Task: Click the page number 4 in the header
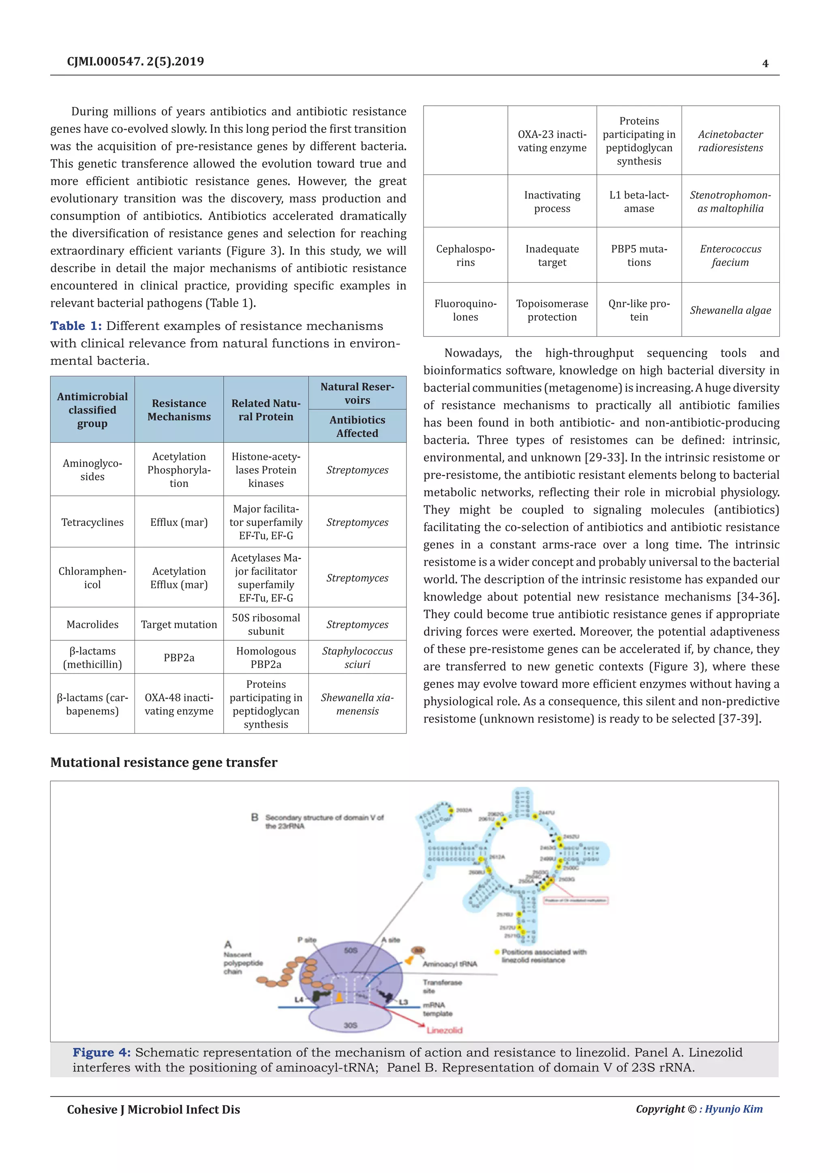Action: click(x=765, y=63)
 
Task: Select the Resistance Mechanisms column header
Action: click(x=179, y=410)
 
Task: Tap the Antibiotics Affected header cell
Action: click(x=357, y=426)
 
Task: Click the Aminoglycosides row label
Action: click(x=92, y=469)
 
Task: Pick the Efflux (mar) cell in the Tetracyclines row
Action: click(x=179, y=522)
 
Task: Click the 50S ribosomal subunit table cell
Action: click(x=266, y=624)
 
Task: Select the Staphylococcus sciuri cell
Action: click(x=357, y=657)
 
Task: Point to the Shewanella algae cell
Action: click(x=730, y=310)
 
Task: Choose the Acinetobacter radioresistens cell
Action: click(x=730, y=141)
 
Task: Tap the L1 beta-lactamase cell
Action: click(x=639, y=202)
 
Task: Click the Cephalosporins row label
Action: click(x=465, y=256)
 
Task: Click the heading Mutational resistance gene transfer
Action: click(x=164, y=762)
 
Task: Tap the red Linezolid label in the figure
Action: click(x=444, y=1030)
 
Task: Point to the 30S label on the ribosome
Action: click(x=350, y=1025)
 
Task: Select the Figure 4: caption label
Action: click(x=101, y=1052)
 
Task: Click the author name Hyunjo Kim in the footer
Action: click(x=734, y=1109)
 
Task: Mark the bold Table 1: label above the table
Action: click(x=76, y=326)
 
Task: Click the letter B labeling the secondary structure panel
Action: click(x=255, y=817)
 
